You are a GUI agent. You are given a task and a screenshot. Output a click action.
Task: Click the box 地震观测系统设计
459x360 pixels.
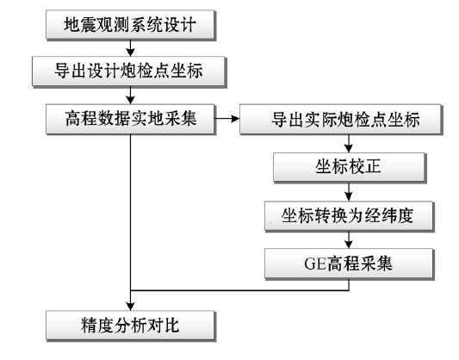pyautogui.click(x=130, y=25)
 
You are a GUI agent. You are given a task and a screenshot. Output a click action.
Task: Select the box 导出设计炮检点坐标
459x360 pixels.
pyautogui.click(x=128, y=71)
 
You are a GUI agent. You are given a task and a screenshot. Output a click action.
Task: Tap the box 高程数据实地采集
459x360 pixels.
pyautogui.click(x=130, y=119)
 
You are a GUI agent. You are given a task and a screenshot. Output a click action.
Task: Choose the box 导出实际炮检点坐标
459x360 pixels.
pyautogui.click(x=340, y=119)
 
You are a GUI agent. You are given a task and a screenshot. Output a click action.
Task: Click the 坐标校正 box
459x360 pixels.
pyautogui.click(x=349, y=167)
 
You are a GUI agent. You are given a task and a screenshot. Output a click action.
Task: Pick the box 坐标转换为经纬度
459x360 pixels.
pyautogui.click(x=349, y=216)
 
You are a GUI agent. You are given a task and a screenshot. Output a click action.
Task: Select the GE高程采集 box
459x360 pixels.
pyautogui.click(x=349, y=264)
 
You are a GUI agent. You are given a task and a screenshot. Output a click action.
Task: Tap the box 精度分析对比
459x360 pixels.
pyautogui.click(x=130, y=326)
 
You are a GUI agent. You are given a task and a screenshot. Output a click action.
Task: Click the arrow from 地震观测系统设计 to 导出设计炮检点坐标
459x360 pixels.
pyautogui.click(x=130, y=47)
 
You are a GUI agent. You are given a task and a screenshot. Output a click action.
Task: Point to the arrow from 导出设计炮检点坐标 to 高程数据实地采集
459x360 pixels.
pyautogui.click(x=130, y=95)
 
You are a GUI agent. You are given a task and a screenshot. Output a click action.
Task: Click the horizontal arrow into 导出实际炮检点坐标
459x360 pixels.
pyautogui.click(x=227, y=119)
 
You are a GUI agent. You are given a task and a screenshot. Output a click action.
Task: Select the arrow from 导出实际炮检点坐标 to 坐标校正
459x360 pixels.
pyautogui.click(x=349, y=144)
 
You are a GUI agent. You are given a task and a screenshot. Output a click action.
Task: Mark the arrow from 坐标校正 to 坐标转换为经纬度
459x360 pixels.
pyautogui.click(x=349, y=191)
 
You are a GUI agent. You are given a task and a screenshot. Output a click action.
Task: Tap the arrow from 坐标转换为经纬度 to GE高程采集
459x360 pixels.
pyautogui.click(x=349, y=239)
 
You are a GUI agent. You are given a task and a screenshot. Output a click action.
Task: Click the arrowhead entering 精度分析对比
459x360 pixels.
pyautogui.click(x=130, y=307)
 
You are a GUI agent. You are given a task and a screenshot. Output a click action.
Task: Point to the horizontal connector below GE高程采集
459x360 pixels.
pyautogui.click(x=239, y=290)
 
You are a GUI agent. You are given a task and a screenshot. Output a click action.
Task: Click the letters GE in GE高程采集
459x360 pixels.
pyautogui.click(x=315, y=264)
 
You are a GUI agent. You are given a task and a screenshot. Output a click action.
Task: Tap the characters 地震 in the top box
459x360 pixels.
pyautogui.click(x=80, y=25)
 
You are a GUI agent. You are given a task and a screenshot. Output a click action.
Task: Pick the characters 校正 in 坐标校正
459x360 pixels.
pyautogui.click(x=365, y=167)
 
